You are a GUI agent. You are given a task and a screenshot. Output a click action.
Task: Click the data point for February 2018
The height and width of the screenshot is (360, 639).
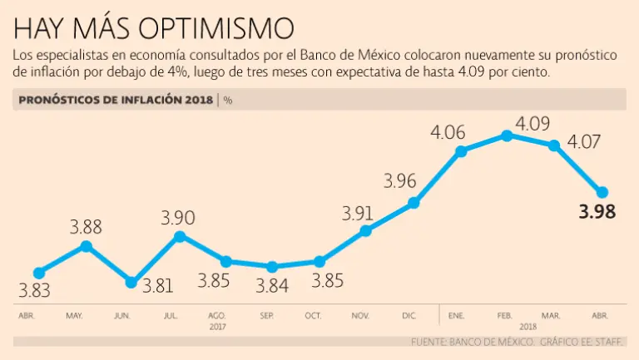(508, 136)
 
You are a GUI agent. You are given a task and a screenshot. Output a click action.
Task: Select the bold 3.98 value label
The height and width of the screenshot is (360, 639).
(597, 212)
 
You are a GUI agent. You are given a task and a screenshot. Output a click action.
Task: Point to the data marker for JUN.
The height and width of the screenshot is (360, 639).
(131, 283)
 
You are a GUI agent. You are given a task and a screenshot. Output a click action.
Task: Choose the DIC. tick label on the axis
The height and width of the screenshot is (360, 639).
(409, 317)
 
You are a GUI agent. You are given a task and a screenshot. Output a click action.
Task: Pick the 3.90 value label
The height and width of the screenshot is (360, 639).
(178, 218)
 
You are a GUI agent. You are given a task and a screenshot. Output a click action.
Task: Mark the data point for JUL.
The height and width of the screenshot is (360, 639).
(178, 237)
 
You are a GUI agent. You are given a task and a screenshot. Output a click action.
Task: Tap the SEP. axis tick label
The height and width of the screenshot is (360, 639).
(267, 317)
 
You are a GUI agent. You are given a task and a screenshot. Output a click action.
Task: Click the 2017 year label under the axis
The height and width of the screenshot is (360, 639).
(217, 328)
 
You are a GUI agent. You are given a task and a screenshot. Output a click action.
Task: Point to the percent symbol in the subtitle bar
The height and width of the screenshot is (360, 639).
(228, 101)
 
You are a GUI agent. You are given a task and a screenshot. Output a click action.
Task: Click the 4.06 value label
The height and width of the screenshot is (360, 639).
(448, 132)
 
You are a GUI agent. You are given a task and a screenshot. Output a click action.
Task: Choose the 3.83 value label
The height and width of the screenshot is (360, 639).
(35, 291)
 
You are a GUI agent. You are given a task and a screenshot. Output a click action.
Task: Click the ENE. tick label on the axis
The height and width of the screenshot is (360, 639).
(456, 317)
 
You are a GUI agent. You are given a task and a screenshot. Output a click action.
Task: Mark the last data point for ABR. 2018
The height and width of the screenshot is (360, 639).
(602, 192)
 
